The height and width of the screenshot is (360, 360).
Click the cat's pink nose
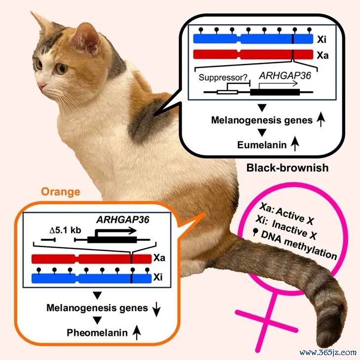[x=42, y=86]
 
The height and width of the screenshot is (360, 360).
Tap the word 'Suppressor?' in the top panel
[x=223, y=77]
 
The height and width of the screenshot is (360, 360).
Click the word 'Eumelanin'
[x=262, y=145]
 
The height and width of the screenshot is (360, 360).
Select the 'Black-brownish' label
[x=288, y=168]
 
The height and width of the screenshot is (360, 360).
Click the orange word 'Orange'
[x=61, y=192]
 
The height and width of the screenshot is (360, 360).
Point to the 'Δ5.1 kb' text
[x=66, y=230]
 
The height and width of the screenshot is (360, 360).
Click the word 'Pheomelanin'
[x=97, y=333]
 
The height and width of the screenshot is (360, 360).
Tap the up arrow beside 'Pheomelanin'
[x=137, y=332]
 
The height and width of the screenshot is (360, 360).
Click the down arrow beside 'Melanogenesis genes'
[x=156, y=309]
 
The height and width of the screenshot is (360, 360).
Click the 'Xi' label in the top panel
[x=322, y=40]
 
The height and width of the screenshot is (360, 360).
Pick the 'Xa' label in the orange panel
[x=159, y=258]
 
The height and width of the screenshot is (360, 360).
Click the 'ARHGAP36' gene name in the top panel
[x=285, y=75]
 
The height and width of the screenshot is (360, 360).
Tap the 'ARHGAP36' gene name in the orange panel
[x=123, y=220]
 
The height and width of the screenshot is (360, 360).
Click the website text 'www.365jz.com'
[x=328, y=353]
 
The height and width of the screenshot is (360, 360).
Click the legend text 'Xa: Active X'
[x=287, y=214]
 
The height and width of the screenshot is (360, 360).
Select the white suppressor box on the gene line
[x=227, y=92]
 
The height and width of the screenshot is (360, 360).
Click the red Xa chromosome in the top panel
[x=253, y=54]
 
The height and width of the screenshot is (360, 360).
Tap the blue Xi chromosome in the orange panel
[x=91, y=278]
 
